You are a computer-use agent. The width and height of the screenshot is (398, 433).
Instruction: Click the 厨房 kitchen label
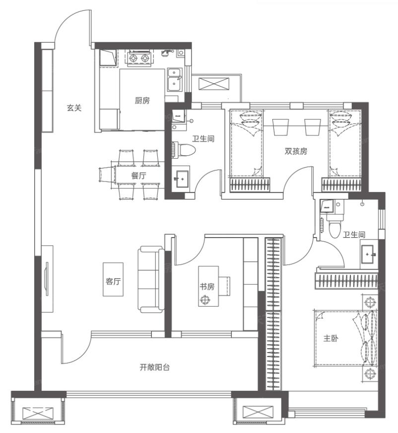[x=142, y=100]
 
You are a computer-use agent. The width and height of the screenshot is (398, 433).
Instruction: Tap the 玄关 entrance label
[x=74, y=108]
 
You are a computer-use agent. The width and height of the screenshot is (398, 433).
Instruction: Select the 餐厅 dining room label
[x=139, y=176]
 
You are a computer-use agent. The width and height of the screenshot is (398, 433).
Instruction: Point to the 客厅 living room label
[x=113, y=281]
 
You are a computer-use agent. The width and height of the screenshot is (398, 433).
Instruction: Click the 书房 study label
[x=207, y=287]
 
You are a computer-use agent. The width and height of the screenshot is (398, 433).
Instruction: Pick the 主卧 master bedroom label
[x=331, y=338]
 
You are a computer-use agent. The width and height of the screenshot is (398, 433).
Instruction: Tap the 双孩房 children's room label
[x=296, y=151]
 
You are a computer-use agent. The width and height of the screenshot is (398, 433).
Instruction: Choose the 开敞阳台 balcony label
[x=154, y=367]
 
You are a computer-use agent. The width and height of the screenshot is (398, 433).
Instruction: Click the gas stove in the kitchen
[x=139, y=58]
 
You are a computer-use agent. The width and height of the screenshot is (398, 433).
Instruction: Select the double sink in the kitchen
[x=175, y=80]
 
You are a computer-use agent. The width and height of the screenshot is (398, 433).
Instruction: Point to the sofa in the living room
[x=151, y=279]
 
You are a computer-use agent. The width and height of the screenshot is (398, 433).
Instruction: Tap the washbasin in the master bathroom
[x=368, y=254]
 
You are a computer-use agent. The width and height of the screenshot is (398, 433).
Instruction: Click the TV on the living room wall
[x=47, y=279]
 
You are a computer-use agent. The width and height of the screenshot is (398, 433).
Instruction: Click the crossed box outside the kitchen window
[x=214, y=84]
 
